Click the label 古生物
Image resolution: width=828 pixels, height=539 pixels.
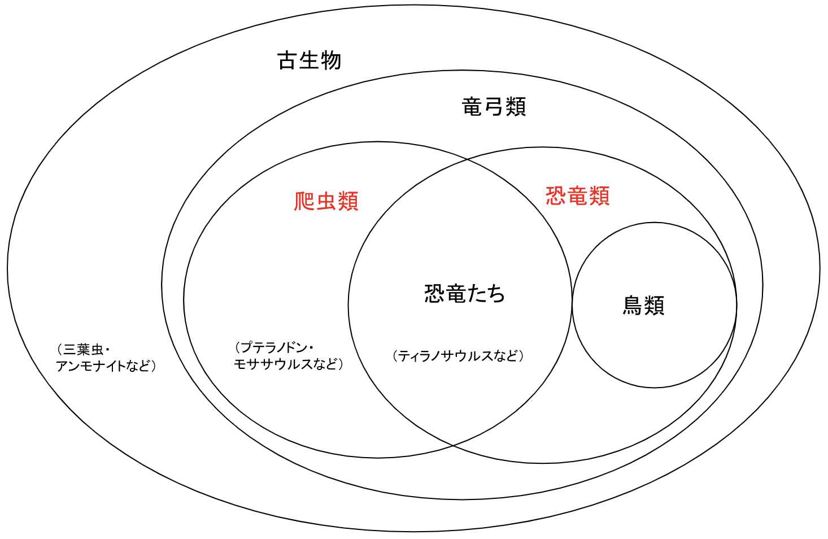pos(309,60)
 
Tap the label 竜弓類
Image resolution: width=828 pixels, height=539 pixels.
pos(494,106)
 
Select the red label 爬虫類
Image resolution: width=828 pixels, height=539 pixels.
pos(326,202)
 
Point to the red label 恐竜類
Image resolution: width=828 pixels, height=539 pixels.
pos(578,195)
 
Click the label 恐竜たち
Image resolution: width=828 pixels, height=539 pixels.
pos(465,294)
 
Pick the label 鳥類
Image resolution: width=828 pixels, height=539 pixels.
pos(643,305)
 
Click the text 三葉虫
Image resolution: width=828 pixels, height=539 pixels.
pos(82,349)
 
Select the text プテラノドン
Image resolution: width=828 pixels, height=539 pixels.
pos(274,348)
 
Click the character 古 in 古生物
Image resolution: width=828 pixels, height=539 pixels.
pos(287,60)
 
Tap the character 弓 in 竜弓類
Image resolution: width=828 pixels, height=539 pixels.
pos(494,106)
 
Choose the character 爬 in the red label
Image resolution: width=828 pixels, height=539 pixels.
pos(304,202)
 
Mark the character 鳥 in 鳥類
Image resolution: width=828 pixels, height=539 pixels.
pos(633,305)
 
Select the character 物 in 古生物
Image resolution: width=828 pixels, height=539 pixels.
pos(331,60)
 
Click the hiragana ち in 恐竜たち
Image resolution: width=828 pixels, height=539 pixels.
pos(495,294)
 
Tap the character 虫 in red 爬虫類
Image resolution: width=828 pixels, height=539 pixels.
pos(326,202)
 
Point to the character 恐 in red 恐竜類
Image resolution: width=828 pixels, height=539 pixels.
pos(556,195)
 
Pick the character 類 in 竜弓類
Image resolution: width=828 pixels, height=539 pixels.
pos(516,106)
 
